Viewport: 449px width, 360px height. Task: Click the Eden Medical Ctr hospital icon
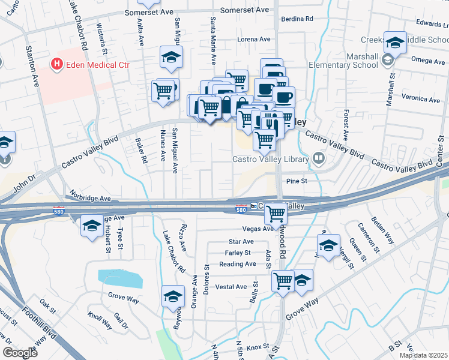pyautogui.click(x=58, y=63)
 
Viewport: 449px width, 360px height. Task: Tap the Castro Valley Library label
pyautogui.click(x=271, y=159)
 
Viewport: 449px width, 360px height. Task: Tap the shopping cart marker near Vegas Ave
pyautogui.click(x=276, y=214)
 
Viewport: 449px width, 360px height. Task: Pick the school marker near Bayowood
pyautogui.click(x=172, y=296)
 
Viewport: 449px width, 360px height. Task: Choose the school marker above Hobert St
pyautogui.click(x=91, y=226)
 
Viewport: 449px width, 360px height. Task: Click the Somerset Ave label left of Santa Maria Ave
pyautogui.click(x=149, y=12)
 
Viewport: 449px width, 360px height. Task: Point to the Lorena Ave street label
pyautogui.click(x=254, y=39)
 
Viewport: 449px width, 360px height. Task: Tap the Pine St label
pyautogui.click(x=297, y=181)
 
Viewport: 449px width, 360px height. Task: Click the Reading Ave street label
pyautogui.click(x=238, y=264)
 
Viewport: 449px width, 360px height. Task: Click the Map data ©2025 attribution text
pyautogui.click(x=423, y=355)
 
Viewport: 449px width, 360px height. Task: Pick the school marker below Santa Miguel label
pyautogui.click(x=171, y=58)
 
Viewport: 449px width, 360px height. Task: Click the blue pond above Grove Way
pyautogui.click(x=121, y=278)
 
